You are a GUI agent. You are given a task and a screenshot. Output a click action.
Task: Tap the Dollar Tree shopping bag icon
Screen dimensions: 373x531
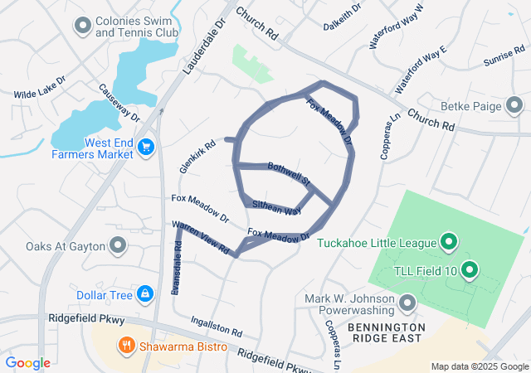[145, 294]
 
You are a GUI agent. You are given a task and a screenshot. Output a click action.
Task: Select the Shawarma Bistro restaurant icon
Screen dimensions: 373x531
[127, 346]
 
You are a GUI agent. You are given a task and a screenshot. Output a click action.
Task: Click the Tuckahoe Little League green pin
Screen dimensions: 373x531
[449, 242]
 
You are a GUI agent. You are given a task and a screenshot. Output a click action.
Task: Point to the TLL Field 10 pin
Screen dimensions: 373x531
[469, 269]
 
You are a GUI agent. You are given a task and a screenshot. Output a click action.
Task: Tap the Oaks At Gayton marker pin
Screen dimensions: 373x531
[118, 245]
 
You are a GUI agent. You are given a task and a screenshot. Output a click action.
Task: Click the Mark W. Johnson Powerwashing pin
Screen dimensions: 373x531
[407, 303]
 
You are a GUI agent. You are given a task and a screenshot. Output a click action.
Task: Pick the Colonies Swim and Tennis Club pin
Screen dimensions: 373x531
[81, 26]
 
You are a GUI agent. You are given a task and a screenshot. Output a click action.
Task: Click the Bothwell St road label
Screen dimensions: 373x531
[288, 172]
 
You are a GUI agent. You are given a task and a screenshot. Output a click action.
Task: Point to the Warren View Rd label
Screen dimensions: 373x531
[199, 237]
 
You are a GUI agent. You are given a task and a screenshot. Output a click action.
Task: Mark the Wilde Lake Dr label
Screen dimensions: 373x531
[39, 94]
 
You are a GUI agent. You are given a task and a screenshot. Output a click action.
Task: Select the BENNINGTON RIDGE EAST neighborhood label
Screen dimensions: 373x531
[386, 334]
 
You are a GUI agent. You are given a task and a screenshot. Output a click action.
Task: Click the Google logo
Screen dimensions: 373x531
[27, 363]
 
